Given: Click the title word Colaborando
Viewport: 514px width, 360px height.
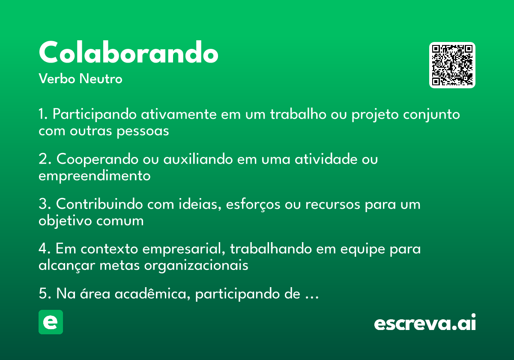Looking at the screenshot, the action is coord(128,52).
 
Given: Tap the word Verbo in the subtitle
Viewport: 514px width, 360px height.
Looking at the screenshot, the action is coord(57,78).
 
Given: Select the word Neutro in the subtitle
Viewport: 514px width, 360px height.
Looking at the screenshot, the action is coord(101,78).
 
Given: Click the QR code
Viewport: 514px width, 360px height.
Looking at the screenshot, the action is coord(452,65).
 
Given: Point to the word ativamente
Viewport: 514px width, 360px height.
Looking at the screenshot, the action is coord(179,114).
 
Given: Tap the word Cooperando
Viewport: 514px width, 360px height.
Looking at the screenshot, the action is coord(98,159).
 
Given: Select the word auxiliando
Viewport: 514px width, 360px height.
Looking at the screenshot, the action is coord(198,159).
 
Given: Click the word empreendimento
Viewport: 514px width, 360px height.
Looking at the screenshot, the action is coord(95,176).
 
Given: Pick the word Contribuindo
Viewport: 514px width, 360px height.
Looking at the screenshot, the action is coord(99,204).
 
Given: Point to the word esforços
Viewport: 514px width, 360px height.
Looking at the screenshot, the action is coord(253,204).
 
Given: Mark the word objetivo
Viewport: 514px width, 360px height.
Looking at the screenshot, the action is coord(65,221).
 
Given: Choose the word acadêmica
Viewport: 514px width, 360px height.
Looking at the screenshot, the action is coord(152,294).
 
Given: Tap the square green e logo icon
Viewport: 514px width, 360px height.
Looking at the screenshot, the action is coord(51,322).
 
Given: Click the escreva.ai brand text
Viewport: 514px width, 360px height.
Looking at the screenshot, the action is coord(425,322).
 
